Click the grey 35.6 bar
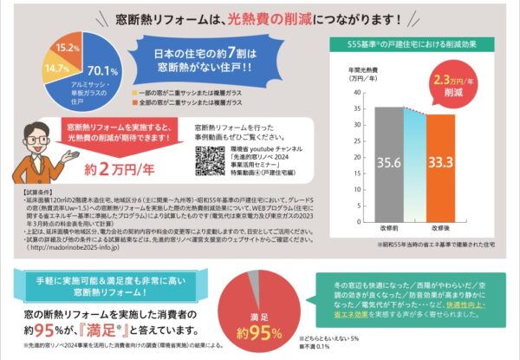point(389,160)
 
